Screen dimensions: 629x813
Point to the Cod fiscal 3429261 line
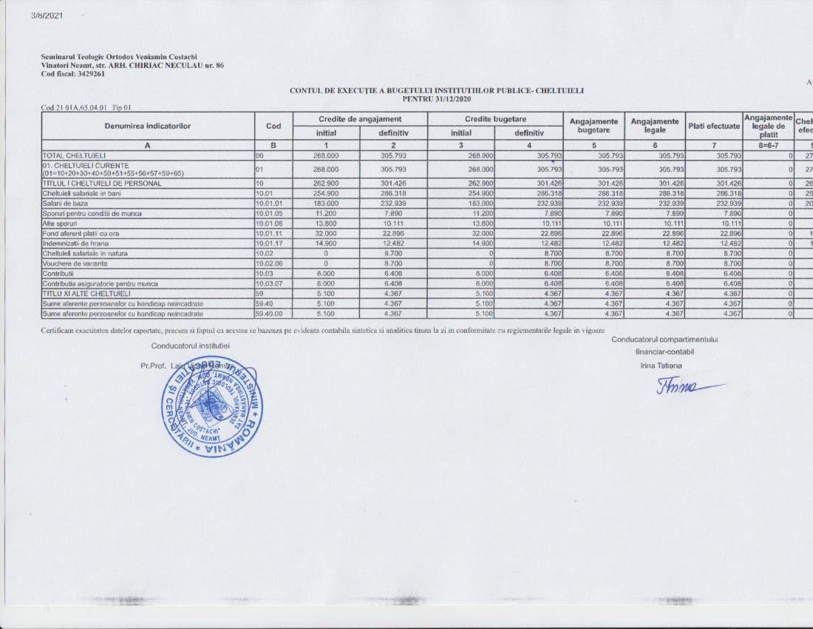pos(73,74)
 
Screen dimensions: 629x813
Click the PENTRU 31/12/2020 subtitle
pos(436,98)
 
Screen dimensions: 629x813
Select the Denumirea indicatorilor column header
pos(148,126)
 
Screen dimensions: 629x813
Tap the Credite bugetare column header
pos(494,118)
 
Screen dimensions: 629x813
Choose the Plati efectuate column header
pos(713,126)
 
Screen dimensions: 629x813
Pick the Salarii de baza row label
pos(64,205)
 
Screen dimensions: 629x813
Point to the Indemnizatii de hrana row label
pos(75,243)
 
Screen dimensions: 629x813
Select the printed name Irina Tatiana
pos(661,366)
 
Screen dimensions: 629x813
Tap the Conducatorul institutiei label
pos(190,346)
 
